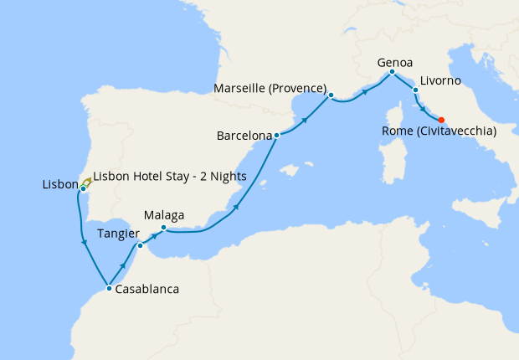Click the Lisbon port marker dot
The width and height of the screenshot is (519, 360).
coord(83,188)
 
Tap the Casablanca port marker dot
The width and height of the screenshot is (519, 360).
coord(110,289)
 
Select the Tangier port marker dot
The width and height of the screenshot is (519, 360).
coord(140,245)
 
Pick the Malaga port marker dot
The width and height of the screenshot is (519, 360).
coord(163,228)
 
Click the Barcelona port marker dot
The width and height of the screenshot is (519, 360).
coord(276,135)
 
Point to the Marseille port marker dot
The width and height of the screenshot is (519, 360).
coord(331,95)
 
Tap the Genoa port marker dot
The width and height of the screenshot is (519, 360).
coord(392,73)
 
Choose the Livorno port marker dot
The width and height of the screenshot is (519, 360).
coord(415,89)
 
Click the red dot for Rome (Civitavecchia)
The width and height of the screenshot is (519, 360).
coord(441,119)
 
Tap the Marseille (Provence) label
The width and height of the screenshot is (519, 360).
coord(270,87)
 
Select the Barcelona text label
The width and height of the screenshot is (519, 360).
coord(244,135)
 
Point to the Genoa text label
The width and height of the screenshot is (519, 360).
coord(395,62)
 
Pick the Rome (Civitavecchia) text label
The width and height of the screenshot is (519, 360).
coord(439,131)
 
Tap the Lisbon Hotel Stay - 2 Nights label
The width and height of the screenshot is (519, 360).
coord(170,176)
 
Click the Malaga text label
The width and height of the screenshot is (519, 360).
coord(164,215)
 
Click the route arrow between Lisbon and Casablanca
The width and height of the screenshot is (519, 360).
coord(85,243)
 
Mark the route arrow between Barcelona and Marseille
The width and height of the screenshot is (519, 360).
coord(305,120)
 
